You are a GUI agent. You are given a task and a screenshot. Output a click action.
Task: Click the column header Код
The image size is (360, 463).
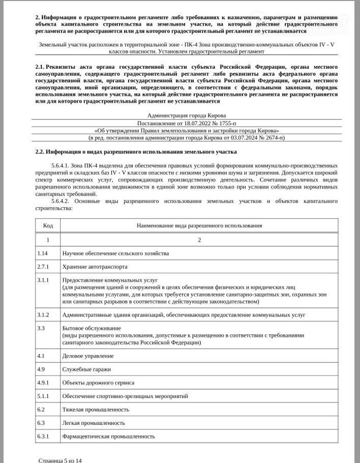point(48,225)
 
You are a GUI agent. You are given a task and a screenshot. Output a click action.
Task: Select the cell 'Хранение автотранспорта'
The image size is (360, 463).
point(95,267)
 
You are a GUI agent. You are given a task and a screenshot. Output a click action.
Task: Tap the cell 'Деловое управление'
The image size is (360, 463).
point(87,356)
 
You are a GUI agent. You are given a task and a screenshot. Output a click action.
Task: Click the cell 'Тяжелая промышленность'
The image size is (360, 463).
point(96,409)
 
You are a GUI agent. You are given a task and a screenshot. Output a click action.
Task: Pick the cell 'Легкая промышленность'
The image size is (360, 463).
point(94,423)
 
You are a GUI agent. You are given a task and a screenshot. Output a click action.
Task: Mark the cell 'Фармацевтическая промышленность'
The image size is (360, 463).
point(108,436)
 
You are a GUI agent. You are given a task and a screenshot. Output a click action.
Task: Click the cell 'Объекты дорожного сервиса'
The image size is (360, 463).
point(98,382)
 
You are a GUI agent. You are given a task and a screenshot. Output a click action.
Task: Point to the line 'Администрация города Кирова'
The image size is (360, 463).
point(187,115)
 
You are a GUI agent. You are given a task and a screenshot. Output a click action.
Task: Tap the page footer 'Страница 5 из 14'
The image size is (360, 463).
point(60,460)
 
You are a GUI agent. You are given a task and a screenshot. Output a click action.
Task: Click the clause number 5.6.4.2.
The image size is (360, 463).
point(63,201)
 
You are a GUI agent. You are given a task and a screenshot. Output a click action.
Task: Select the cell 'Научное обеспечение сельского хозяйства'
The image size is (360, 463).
point(115,253)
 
